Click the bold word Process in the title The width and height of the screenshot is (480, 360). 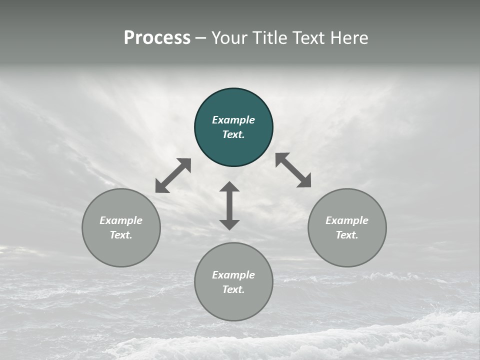[157, 38]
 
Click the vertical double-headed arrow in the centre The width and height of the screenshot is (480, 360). [229, 205]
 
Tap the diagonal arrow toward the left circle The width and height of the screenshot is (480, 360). [173, 175]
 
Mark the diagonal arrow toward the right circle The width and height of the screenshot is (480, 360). [293, 170]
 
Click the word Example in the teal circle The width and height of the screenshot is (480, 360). [233, 120]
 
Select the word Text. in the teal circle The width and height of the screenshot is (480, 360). [233, 134]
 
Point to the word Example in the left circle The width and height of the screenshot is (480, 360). [121, 220]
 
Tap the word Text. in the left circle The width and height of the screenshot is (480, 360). [121, 235]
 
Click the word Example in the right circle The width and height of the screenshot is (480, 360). [347, 220]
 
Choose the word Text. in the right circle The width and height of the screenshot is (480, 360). [347, 235]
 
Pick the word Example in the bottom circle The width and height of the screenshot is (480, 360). [233, 275]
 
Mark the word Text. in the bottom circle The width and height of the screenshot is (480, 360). [233, 289]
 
